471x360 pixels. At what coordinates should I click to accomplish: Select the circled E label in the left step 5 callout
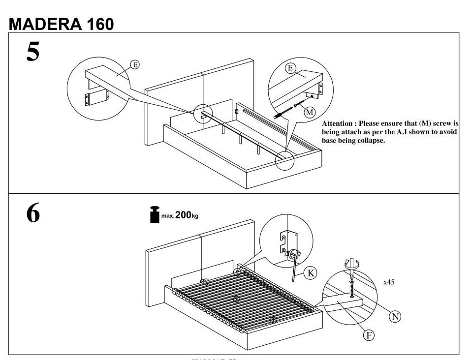point(134,64)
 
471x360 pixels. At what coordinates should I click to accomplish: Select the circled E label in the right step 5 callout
point(291,68)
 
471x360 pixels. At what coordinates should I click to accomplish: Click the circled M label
point(309,112)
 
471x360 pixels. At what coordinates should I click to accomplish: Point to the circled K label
point(311,273)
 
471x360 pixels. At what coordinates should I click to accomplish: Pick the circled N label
point(395,317)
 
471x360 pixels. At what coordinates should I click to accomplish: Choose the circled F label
point(368,335)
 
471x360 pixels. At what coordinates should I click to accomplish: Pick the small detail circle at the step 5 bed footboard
point(284,160)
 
